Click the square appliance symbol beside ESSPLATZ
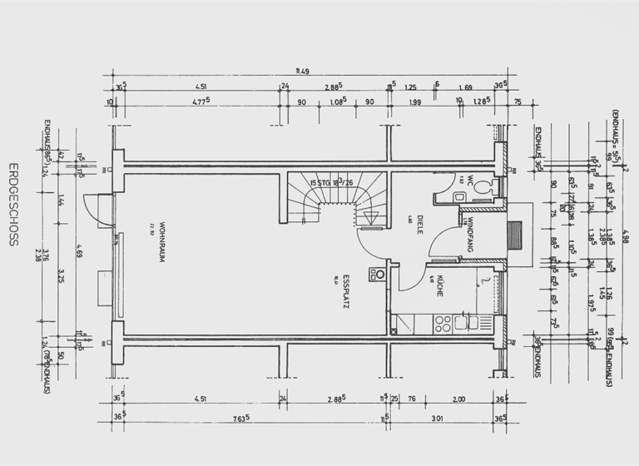pos(379,273)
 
